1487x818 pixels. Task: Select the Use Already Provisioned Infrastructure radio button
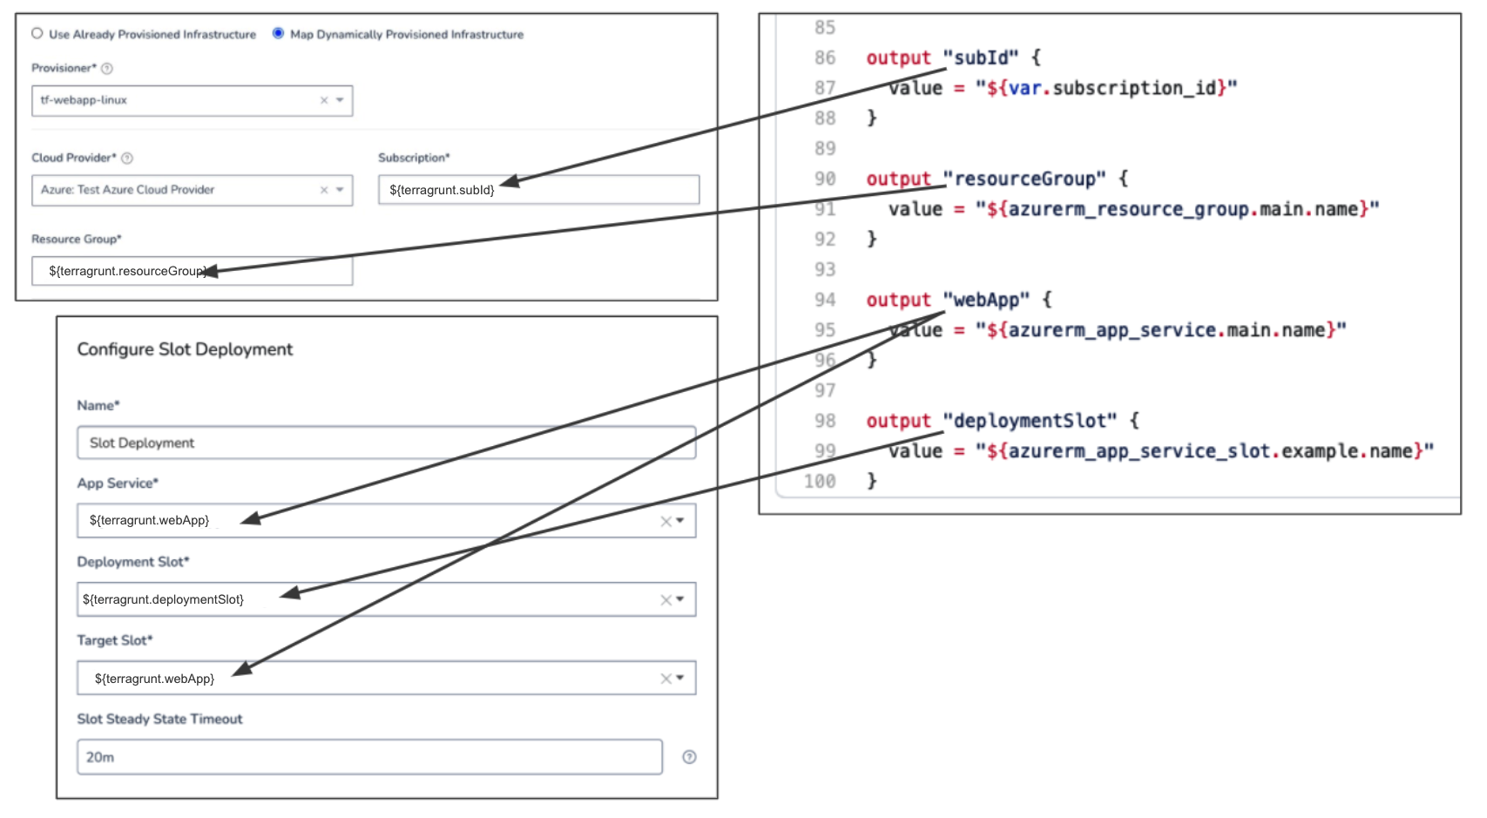tap(37, 33)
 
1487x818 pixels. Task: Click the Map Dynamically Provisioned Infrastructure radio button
tap(278, 33)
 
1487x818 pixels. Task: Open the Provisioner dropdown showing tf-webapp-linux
tap(340, 100)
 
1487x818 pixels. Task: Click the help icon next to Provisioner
tap(107, 69)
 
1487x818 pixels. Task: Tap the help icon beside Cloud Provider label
tap(127, 158)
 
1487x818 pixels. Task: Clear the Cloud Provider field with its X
tap(324, 190)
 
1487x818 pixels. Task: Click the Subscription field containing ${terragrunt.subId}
tap(538, 189)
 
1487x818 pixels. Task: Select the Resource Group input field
tap(192, 271)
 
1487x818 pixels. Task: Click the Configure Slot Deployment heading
tap(185, 349)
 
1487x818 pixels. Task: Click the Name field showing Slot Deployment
tap(387, 443)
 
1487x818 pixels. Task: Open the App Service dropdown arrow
tap(679, 521)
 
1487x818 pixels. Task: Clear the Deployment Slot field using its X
tap(666, 599)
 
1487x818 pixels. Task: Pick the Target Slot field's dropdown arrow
tap(679, 678)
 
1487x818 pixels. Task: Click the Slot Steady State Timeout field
tap(369, 756)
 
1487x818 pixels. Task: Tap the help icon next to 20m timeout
tap(690, 757)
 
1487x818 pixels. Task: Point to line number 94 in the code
tap(824, 301)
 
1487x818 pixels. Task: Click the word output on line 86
tap(899, 57)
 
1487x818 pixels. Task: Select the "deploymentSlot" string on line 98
tap(1031, 421)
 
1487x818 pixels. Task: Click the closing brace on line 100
tap(872, 481)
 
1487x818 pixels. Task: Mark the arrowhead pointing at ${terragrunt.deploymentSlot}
tap(291, 593)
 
